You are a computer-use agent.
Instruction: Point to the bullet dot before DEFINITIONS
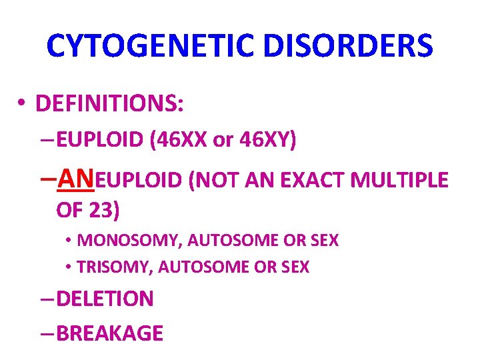22,104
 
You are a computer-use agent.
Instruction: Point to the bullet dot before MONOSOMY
69,241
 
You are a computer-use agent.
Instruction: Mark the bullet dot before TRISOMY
69,267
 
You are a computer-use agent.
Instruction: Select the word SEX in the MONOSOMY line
324,240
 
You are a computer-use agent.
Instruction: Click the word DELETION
105,299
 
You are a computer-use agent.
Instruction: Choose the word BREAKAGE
110,332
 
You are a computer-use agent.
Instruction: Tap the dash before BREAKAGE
47,333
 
